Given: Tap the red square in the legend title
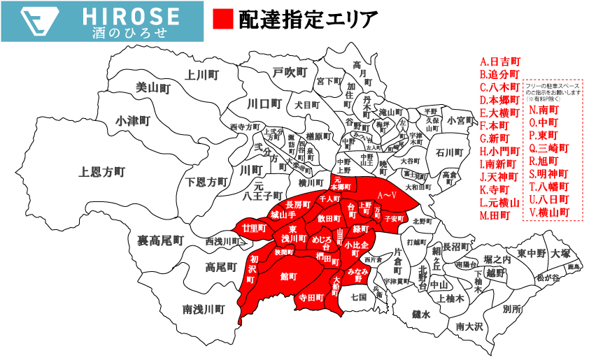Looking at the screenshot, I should (x=222, y=20).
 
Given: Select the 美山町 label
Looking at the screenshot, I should (x=153, y=89).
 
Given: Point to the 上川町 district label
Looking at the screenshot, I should (x=204, y=73).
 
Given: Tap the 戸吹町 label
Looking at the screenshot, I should (x=290, y=72).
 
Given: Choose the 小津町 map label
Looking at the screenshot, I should (x=134, y=120).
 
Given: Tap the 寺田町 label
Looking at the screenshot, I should (x=311, y=297).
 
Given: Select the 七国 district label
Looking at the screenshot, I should (x=359, y=296).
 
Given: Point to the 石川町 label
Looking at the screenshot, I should (x=449, y=152).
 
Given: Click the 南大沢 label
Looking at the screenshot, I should (x=469, y=326).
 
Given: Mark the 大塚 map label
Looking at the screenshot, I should (x=561, y=253).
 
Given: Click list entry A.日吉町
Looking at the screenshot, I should (x=499, y=61).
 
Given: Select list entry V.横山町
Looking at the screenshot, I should (x=549, y=212).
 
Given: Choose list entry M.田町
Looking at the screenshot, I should (x=496, y=215).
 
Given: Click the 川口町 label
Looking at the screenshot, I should (x=264, y=104).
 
